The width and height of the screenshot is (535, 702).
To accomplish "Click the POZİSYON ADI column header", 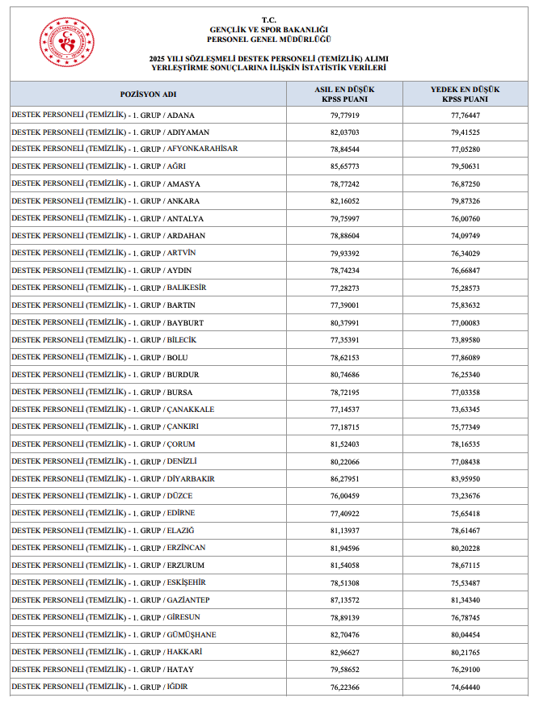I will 148,94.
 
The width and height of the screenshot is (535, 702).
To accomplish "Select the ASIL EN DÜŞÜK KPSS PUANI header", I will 344,94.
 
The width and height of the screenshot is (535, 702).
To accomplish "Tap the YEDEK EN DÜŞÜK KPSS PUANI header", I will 465,94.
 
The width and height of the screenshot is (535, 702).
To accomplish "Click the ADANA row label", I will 103,115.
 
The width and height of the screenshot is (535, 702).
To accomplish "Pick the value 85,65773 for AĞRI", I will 344,166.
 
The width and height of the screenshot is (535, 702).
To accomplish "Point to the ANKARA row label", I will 105,201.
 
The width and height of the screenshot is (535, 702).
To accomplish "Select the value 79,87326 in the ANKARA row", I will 465,201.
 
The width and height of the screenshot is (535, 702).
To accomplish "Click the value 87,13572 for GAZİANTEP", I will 344,600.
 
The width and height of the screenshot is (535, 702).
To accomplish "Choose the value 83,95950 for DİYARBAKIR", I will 465,479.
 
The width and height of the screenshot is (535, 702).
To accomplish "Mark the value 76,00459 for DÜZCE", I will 344,496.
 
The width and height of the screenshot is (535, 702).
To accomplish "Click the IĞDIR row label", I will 102,687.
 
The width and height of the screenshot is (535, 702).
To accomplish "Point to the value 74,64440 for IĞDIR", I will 465,687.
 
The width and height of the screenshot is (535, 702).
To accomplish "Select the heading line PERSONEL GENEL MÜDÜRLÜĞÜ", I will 268,39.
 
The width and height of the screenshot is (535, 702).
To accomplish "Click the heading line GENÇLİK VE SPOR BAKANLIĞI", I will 268,29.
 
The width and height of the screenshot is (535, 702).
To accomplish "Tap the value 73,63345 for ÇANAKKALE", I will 465,410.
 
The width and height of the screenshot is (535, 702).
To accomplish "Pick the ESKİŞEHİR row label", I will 108,582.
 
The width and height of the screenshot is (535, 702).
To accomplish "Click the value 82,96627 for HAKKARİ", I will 344,652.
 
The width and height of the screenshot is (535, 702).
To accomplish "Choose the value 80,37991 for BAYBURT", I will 344,322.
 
